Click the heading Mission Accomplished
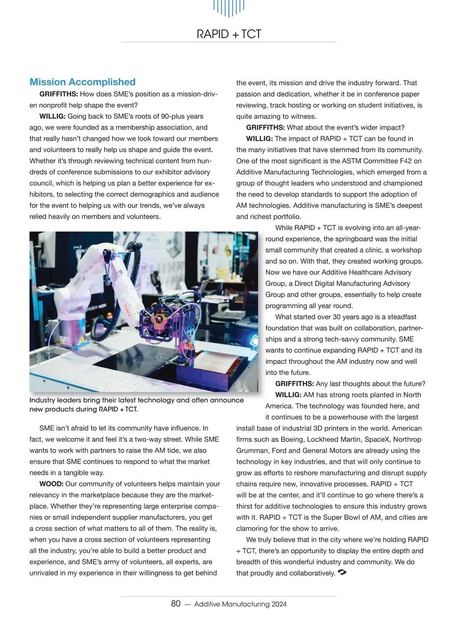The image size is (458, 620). [x=82, y=82]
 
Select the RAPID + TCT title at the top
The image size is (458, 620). [x=229, y=34]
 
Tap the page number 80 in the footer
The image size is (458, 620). [x=176, y=604]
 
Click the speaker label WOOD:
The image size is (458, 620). [x=51, y=484]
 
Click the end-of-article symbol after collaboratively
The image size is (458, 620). [x=342, y=573]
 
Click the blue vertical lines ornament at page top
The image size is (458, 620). [x=229, y=8]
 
